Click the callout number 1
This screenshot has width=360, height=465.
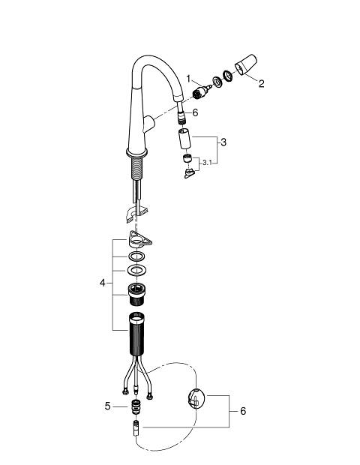[x=188, y=79]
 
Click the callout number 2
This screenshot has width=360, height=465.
[x=261, y=84]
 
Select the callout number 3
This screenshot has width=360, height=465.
[x=223, y=142]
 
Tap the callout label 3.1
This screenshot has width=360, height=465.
[x=207, y=163]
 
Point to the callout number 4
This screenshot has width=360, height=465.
[x=103, y=283]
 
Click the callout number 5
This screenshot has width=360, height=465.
[x=107, y=406]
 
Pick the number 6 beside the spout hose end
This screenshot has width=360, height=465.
[x=195, y=112]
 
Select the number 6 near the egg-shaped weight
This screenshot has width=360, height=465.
[x=243, y=411]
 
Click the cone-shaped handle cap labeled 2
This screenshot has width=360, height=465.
[x=246, y=65]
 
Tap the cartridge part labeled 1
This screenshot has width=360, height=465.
[x=202, y=91]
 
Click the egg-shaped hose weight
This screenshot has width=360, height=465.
[x=196, y=398]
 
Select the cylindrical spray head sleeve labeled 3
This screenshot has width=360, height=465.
[x=184, y=139]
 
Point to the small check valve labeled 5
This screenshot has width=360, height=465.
[x=136, y=406]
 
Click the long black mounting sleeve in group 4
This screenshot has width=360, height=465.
[x=136, y=334]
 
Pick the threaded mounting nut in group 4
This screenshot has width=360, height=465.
[x=136, y=295]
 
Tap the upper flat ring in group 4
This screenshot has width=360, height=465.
[x=136, y=256]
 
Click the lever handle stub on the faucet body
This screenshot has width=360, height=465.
[x=148, y=124]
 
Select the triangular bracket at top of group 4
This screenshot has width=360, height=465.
[x=139, y=238]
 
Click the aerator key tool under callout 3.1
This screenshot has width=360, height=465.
[x=189, y=173]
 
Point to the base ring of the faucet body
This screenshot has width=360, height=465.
[x=136, y=153]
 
